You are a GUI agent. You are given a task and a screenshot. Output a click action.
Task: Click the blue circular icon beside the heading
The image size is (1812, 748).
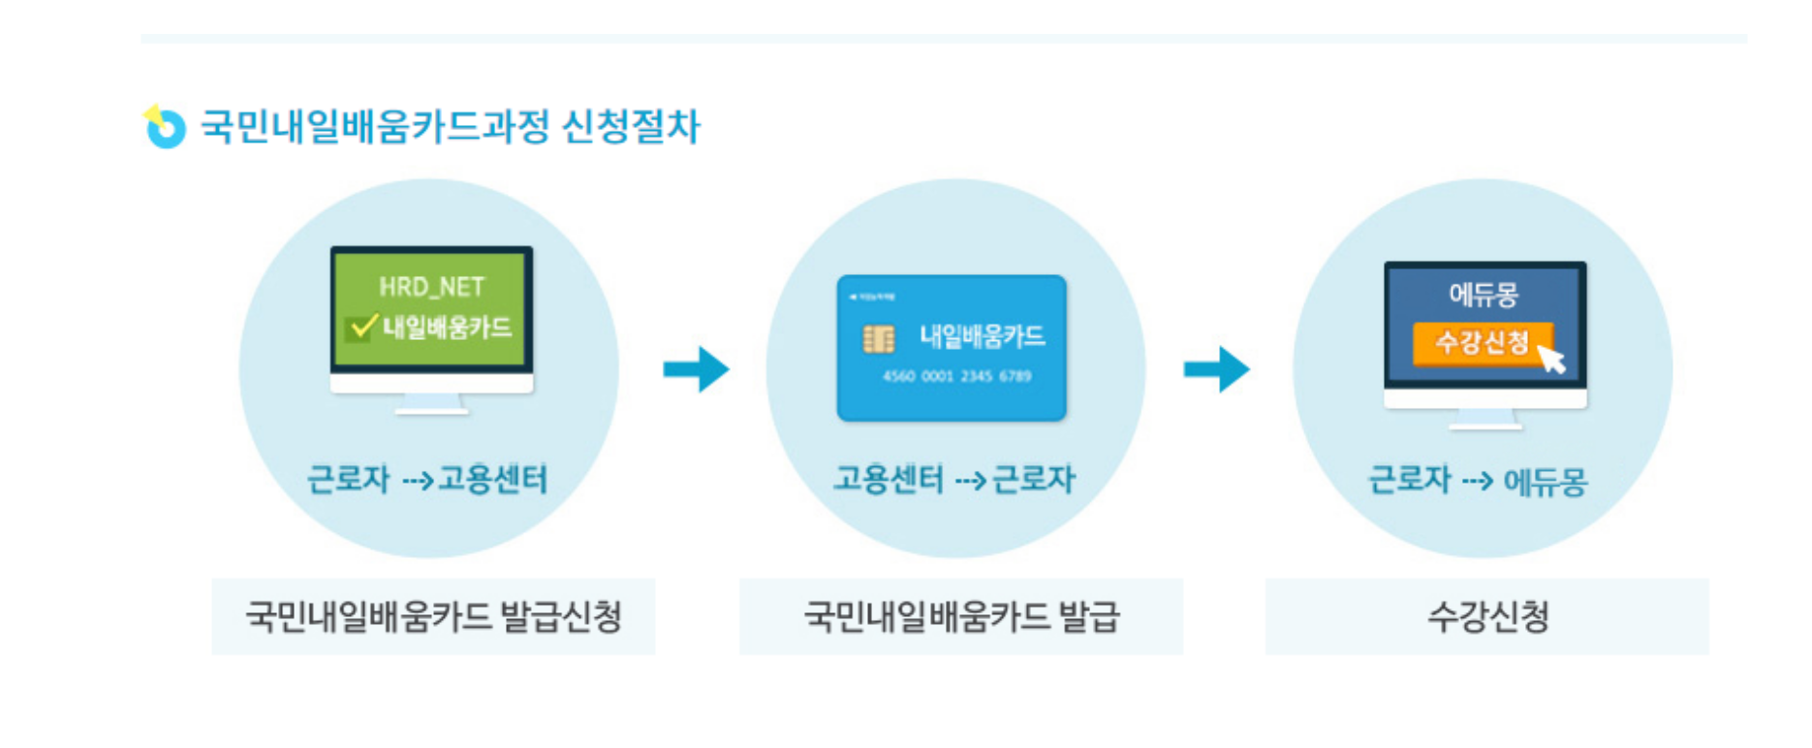tap(165, 128)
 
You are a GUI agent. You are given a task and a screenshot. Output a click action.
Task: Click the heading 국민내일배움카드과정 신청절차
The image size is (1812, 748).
tap(450, 127)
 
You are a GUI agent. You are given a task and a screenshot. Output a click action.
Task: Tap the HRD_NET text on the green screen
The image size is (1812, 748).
tap(431, 287)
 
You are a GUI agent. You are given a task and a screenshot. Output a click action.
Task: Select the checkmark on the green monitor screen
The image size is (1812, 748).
tap(361, 327)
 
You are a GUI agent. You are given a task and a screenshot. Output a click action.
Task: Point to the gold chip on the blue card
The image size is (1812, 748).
tap(878, 338)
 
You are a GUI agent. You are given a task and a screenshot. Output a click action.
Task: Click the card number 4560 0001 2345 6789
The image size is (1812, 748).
tap(956, 376)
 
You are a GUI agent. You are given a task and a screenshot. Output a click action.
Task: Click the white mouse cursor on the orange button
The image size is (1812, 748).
tap(1551, 358)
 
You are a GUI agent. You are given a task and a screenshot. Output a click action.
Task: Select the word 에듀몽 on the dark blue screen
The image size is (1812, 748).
tap(1484, 294)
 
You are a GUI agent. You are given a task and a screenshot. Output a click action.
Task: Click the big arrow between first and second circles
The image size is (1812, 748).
tap(696, 369)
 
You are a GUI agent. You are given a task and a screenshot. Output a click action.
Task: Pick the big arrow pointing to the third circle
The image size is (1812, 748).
tap(1217, 369)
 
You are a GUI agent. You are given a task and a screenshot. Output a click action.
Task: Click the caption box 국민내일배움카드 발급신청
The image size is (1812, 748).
tap(433, 616)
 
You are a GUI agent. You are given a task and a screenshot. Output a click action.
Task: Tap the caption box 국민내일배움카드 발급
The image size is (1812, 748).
tap(961, 616)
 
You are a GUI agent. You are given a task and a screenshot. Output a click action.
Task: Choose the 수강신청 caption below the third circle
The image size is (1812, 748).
tap(1487, 616)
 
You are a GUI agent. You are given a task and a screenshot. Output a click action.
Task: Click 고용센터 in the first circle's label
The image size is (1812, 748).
tap(493, 479)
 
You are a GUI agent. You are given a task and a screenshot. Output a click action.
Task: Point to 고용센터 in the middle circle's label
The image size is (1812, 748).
tap(889, 479)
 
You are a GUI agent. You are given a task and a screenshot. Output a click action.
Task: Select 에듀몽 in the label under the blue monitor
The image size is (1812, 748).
tap(1546, 481)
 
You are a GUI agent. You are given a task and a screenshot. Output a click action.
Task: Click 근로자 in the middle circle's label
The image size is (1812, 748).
tap(1034, 479)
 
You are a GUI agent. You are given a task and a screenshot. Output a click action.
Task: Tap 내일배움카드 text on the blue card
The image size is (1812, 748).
tap(982, 337)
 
